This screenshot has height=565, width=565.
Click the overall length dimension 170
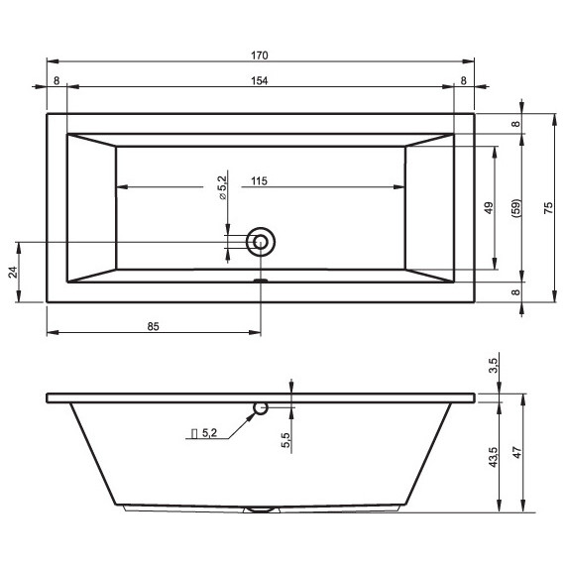261,56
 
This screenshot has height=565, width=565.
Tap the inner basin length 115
261,180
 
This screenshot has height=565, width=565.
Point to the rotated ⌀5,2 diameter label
223,186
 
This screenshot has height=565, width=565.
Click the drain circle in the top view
262,241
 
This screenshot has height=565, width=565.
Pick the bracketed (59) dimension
515,208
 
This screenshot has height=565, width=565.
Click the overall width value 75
548,207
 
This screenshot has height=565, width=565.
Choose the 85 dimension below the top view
154,324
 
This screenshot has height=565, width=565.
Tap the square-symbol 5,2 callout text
203,433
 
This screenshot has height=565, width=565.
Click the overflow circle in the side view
261,407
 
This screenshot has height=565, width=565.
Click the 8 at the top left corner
56,80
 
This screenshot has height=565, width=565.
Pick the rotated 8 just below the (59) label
515,292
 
